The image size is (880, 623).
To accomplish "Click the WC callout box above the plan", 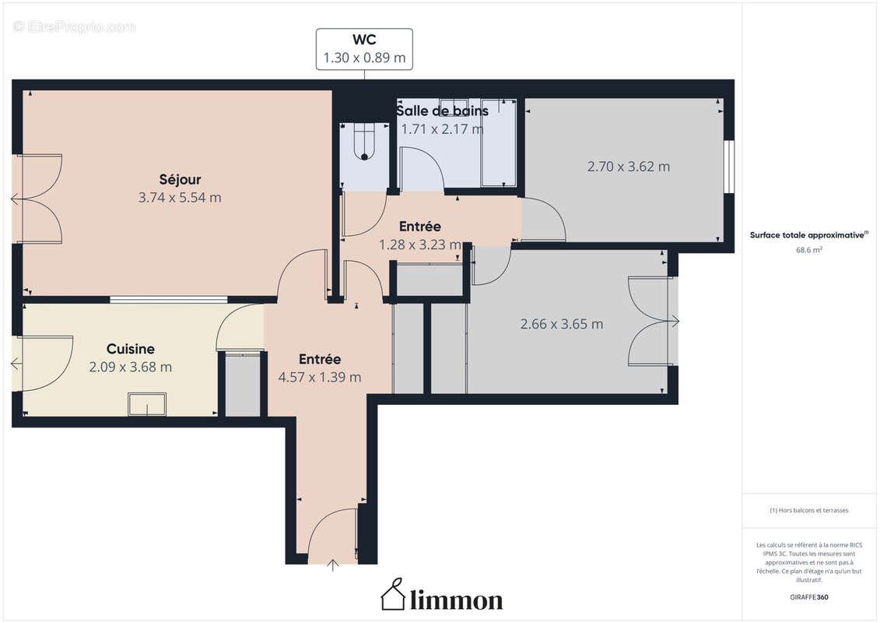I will coord(364,49).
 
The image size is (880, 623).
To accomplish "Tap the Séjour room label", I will coord(180,180).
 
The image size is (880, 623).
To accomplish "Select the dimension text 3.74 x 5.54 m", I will coord(180,198).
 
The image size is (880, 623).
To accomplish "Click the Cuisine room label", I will coord(130,350).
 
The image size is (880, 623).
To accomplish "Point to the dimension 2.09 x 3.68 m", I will coord(130,367).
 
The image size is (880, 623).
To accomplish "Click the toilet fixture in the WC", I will coord(364,143).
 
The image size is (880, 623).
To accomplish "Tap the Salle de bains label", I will coord(442,111).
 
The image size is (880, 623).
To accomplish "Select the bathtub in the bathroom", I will coord(499,143).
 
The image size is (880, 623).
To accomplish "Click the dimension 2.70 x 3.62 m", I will coord(628,167).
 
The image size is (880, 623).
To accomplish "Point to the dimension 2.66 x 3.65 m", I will coord(561,324).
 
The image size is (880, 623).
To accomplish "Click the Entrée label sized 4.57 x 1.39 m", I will coord(320,360).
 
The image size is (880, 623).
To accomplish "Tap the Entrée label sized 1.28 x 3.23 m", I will coord(420,227).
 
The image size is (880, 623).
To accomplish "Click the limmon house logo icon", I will coord(392,595).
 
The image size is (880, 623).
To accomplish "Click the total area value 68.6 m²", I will coord(809,250).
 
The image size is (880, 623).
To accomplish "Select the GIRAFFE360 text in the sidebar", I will coord(809,597).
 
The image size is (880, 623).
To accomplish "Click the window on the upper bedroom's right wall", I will coord(728,166).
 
